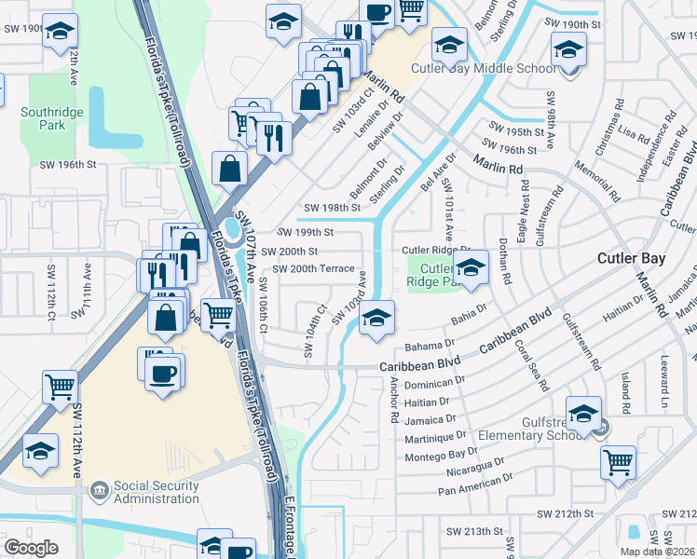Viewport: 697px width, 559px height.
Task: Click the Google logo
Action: [31, 548]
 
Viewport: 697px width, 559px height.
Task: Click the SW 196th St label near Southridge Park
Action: [68, 165]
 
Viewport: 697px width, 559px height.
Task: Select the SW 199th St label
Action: [304, 232]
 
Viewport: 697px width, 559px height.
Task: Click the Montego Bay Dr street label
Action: [442, 455]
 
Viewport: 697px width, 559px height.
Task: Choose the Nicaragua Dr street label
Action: [458, 471]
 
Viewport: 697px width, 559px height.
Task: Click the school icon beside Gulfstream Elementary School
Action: [583, 412]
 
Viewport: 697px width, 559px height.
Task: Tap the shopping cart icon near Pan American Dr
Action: [618, 460]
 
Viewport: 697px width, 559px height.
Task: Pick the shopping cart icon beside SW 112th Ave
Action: [61, 384]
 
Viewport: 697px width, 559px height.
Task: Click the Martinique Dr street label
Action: [435, 436]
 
